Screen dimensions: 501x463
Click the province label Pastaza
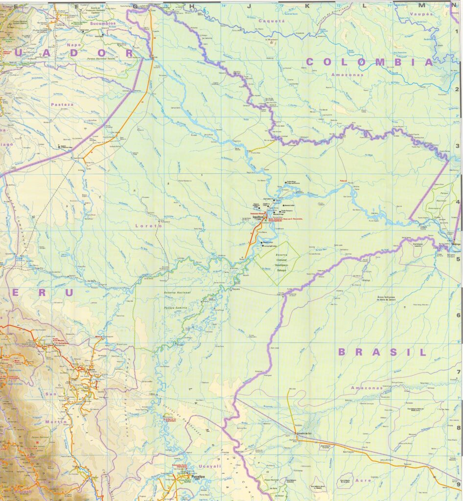(61, 104)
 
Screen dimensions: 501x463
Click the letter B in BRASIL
(343, 352)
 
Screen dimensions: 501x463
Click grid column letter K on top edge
(308, 6)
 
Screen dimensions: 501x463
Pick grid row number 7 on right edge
(458, 372)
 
